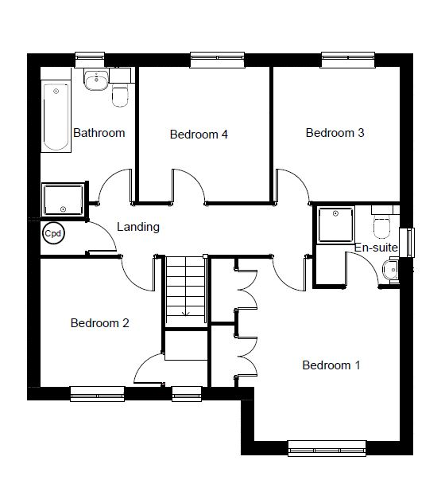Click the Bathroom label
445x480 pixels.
(99, 133)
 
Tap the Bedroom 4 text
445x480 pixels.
(199, 134)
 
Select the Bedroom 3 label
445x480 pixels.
(335, 133)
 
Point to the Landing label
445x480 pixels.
(138, 227)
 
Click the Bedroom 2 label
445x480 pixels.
(99, 323)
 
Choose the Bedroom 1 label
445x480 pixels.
(331, 365)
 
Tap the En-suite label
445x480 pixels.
(376, 248)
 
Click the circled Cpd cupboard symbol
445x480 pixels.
(53, 233)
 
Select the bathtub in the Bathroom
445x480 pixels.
(56, 117)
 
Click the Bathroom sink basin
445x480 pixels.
(96, 80)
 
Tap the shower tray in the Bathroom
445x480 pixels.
(64, 199)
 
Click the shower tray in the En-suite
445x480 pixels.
(335, 224)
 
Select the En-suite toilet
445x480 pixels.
(381, 225)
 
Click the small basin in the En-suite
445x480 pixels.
(389, 269)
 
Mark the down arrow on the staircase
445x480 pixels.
(186, 313)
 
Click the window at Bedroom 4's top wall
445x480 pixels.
(217, 60)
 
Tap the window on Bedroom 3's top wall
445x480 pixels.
(348, 60)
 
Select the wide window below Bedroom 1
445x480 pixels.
(327, 448)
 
